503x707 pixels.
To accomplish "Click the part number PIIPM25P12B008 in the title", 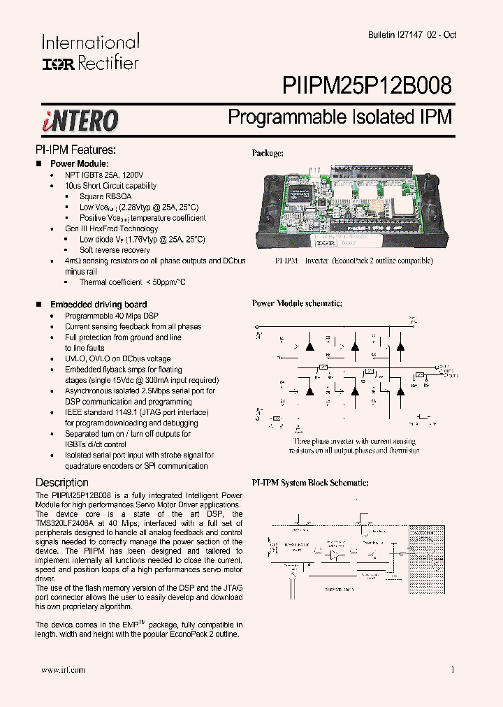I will (367, 85).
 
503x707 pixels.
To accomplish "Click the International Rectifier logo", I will (90, 52).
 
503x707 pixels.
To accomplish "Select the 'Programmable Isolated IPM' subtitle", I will (340, 117).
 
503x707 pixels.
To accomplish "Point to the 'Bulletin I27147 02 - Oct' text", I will (412, 35).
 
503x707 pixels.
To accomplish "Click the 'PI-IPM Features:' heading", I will (75, 150).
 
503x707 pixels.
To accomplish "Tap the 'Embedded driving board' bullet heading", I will (98, 305).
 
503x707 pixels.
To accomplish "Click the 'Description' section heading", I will (61, 483).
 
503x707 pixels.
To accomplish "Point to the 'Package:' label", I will (268, 153).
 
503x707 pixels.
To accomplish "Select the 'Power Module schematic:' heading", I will (297, 303).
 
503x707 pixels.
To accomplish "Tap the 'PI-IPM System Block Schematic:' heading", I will (310, 483).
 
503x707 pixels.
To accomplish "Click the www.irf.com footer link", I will (63, 670).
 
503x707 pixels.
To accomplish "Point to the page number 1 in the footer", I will (453, 670).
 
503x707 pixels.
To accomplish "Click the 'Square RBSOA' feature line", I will (105, 197).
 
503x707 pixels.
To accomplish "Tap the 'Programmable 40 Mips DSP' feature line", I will (112, 316).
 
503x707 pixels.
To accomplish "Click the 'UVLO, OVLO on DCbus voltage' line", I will (117, 359).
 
